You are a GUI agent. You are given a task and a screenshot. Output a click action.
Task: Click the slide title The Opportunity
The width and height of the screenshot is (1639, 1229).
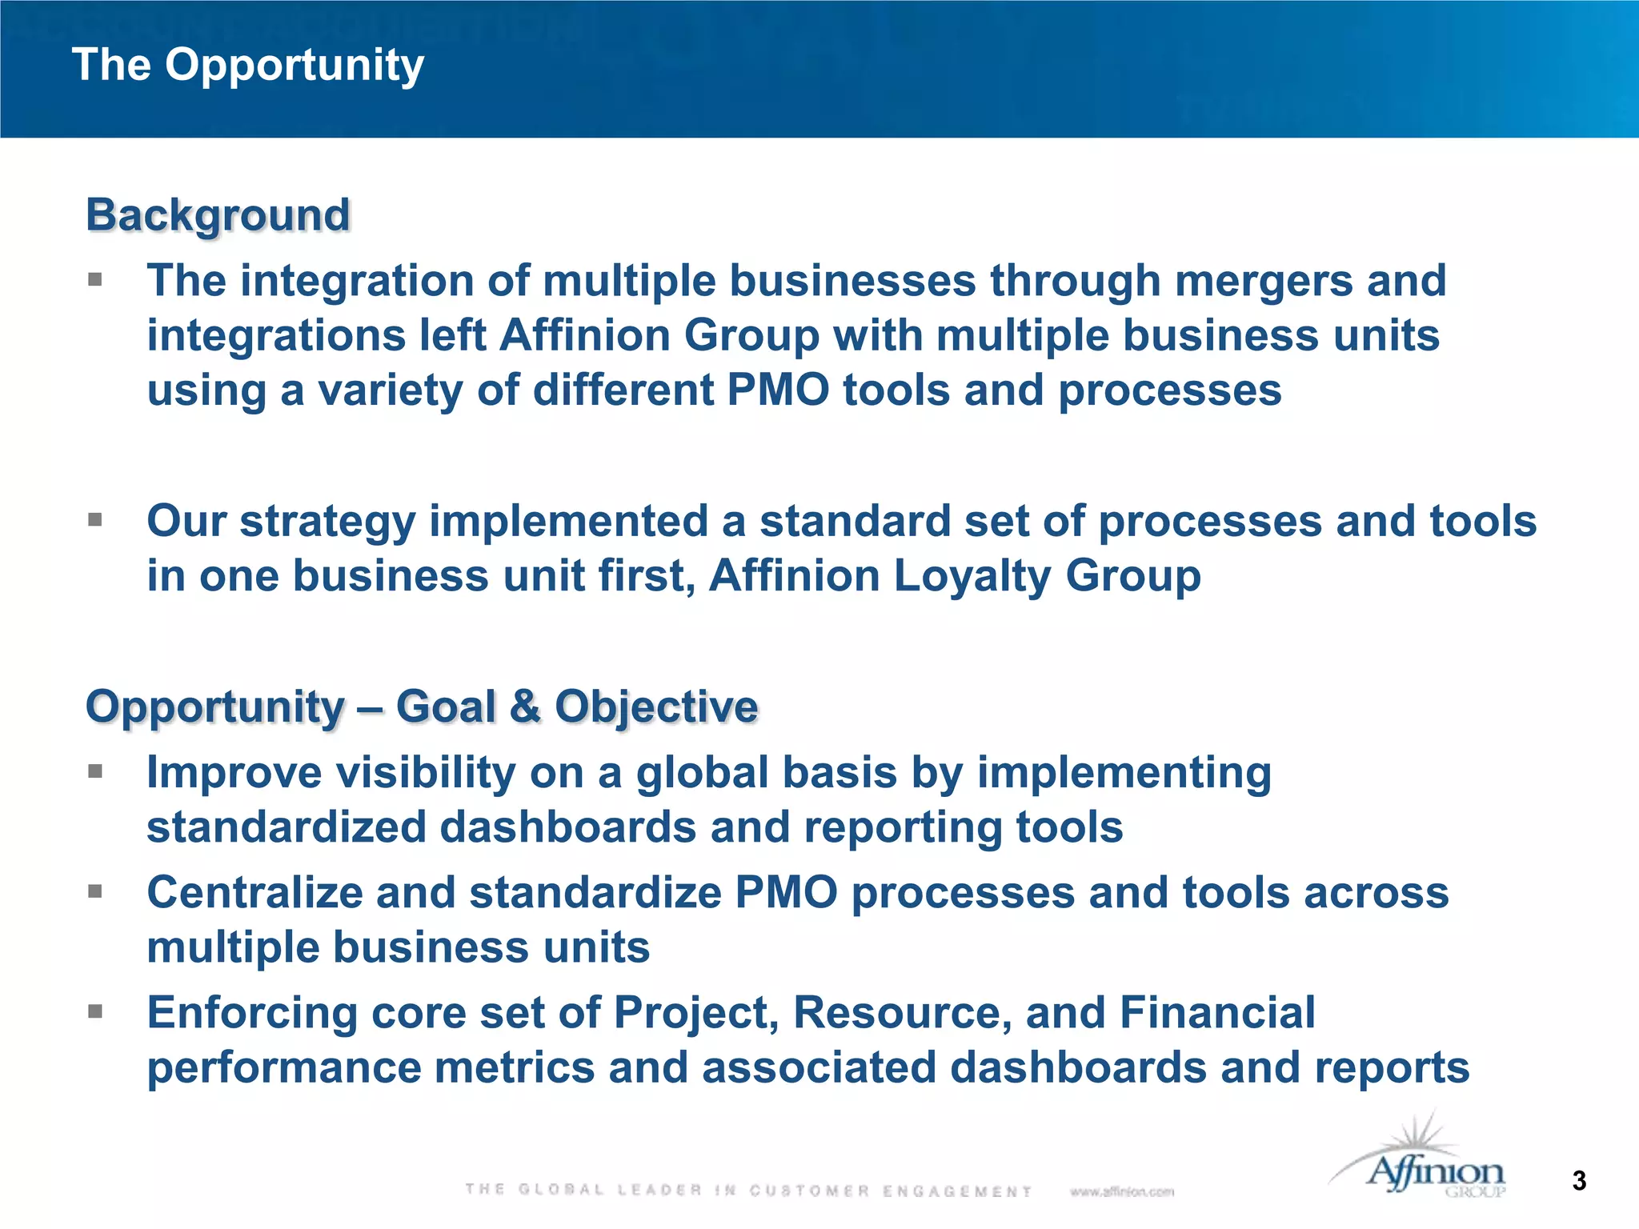248,66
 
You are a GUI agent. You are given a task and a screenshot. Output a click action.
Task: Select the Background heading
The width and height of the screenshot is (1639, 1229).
218,215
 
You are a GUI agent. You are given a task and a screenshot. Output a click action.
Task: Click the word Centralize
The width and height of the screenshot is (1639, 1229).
254,893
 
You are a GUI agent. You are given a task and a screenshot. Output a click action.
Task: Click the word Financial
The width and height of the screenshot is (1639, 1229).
1216,1013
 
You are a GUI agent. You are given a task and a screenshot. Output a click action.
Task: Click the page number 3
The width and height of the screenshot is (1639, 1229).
1578,1181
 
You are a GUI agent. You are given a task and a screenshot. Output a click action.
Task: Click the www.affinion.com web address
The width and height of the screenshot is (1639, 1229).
1121,1191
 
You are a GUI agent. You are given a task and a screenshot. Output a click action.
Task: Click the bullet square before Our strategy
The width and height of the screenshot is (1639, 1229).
96,520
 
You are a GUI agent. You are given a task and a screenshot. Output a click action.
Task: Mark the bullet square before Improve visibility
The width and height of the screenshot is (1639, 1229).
96,771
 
